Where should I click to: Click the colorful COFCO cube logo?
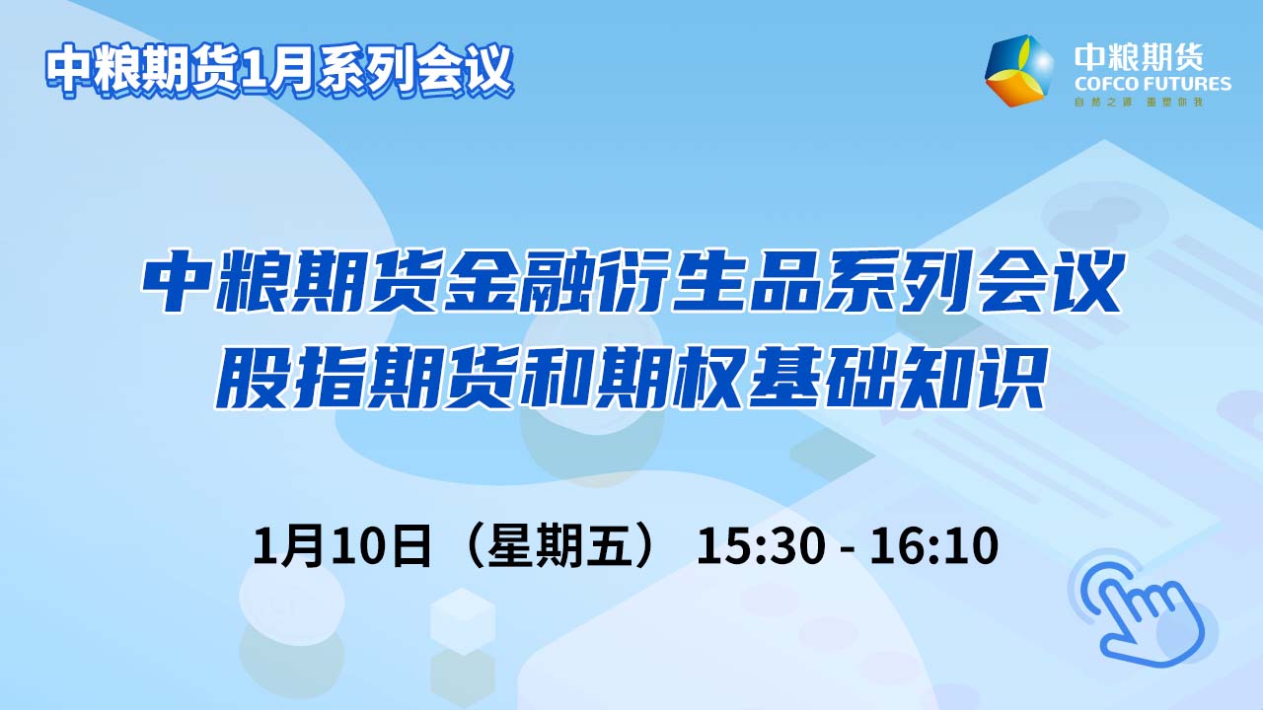click(1019, 70)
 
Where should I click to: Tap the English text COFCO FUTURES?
click(1152, 85)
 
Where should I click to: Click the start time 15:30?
click(761, 545)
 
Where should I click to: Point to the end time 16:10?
click(934, 545)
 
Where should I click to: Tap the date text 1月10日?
click(342, 545)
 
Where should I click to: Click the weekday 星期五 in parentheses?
click(558, 545)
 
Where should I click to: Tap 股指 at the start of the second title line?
click(289, 378)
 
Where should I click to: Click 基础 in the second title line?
click(821, 378)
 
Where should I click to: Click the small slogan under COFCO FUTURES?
click(1139, 103)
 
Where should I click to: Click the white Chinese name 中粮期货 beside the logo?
click(1139, 57)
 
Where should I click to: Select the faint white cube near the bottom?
click(463, 621)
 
